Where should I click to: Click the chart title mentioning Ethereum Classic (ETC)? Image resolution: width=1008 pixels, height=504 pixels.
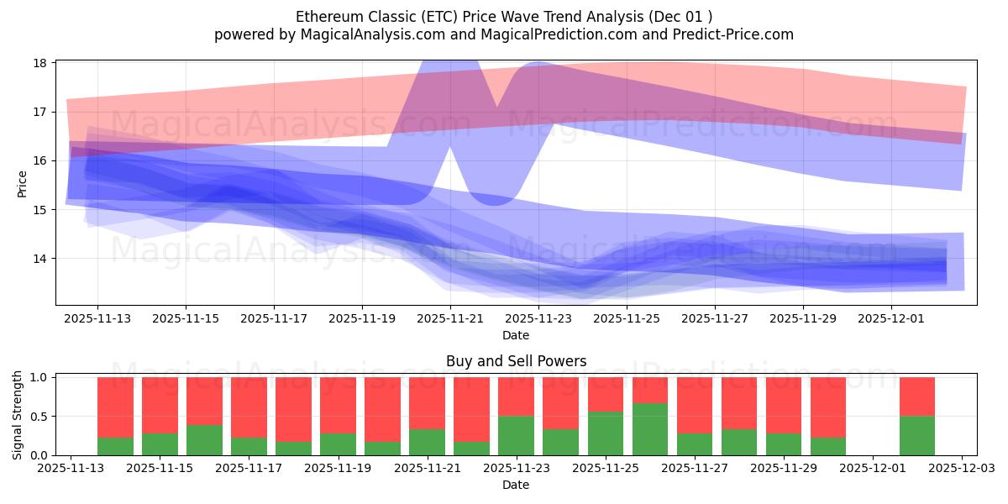pyautogui.click(x=504, y=17)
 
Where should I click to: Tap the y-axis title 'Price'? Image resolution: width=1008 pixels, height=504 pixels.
pyautogui.click(x=23, y=184)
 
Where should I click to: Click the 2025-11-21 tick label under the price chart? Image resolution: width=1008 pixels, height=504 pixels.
pyautogui.click(x=450, y=319)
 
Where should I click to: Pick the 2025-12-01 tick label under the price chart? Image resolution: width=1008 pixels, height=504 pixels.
pyautogui.click(x=890, y=319)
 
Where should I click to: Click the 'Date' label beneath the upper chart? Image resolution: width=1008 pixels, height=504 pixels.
pyautogui.click(x=515, y=335)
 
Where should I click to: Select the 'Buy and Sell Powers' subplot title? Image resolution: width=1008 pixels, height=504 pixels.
pyautogui.click(x=515, y=362)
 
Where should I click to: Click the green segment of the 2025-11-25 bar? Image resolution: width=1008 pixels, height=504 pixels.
pyautogui.click(x=606, y=433)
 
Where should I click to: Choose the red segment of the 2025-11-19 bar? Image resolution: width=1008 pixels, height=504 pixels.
pyautogui.click(x=338, y=405)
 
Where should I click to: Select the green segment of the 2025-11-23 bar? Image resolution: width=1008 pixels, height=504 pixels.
pyautogui.click(x=516, y=435)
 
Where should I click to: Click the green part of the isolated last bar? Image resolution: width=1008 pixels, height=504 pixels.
pyautogui.click(x=917, y=435)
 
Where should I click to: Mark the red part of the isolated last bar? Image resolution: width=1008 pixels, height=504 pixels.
pyautogui.click(x=917, y=396)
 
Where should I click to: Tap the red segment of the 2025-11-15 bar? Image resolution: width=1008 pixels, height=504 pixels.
pyautogui.click(x=160, y=405)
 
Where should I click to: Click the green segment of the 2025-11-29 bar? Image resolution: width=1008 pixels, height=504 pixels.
pyautogui.click(x=784, y=444)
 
